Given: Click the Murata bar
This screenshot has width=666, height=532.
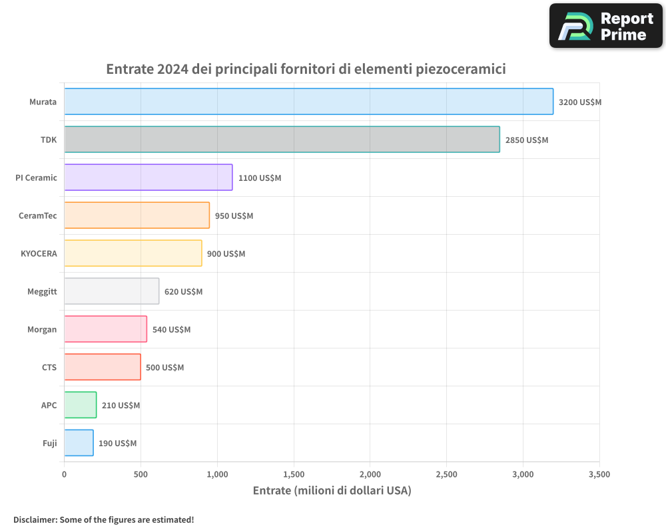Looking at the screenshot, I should (x=308, y=102).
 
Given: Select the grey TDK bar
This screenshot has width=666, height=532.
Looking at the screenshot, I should (x=282, y=140).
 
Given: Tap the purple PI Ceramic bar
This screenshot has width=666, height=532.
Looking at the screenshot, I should (x=148, y=178).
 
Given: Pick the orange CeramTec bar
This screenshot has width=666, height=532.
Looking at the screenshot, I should (x=137, y=215).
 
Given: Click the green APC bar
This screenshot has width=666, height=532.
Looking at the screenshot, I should (x=80, y=405).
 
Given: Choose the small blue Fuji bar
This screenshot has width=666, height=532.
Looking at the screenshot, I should (x=79, y=443).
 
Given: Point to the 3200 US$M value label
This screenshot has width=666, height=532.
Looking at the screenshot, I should (x=580, y=102).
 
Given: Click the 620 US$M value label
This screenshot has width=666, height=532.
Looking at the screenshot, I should (x=183, y=292).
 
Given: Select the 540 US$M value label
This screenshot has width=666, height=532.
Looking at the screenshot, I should (x=171, y=330).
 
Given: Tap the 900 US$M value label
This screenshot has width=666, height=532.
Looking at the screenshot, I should (x=226, y=254).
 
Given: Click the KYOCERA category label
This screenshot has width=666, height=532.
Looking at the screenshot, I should (x=39, y=254).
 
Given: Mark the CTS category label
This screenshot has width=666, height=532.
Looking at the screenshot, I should (x=49, y=368).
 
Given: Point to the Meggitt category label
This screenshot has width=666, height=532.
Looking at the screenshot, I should (x=42, y=292).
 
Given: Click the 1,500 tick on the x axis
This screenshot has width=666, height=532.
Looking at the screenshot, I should (x=294, y=475).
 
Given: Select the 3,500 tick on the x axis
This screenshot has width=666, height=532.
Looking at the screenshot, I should (x=599, y=475).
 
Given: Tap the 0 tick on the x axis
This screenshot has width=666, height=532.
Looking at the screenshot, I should (x=64, y=475).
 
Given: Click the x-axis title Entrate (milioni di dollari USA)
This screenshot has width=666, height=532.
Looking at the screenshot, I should (x=332, y=491).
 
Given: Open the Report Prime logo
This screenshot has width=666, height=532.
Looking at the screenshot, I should (x=605, y=26).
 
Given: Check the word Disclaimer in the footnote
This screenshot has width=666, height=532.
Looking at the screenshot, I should (x=34, y=519).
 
